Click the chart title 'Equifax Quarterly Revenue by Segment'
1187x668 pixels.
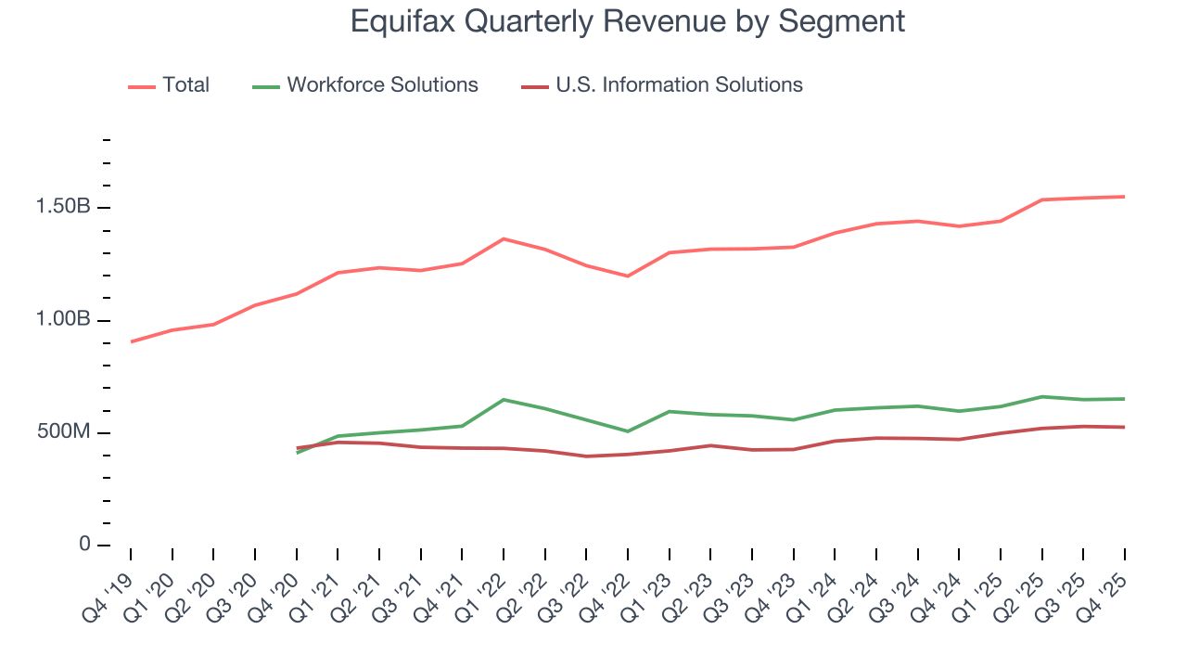[627, 20]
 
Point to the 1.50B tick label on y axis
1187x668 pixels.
[63, 206]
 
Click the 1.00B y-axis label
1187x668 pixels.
[63, 319]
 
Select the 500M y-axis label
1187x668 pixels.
[63, 432]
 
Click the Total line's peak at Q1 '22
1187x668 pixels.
[503, 239]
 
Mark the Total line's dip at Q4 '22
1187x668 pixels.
[628, 276]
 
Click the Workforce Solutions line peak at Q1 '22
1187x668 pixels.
[503, 400]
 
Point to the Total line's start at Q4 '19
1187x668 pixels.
[132, 341]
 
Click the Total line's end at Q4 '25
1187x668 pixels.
[1124, 197]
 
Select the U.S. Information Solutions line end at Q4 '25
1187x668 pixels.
[1124, 427]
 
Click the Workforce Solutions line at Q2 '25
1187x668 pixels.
[1041, 397]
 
